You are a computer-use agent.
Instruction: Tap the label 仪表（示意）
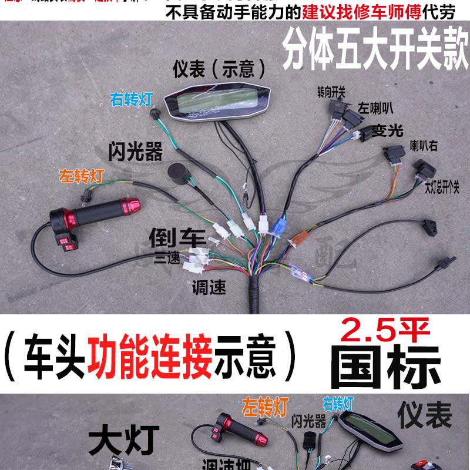pos(219,69)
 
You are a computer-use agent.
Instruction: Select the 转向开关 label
pos(331,92)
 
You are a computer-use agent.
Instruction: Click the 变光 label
pos(387,130)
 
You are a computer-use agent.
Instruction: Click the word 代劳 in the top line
pos(444,11)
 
